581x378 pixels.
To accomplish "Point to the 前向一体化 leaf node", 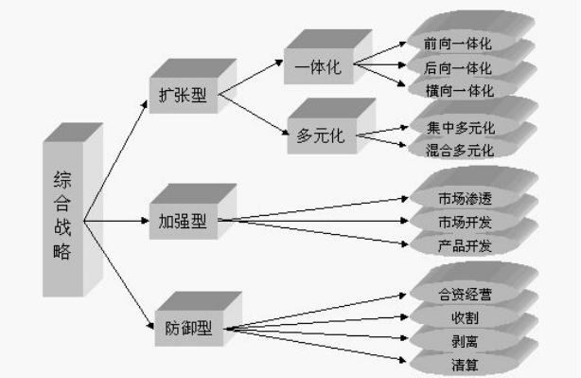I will [459, 44].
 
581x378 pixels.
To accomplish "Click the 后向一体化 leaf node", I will [459, 67].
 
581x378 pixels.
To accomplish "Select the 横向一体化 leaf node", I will [459, 92].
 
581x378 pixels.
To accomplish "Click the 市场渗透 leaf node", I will [465, 199].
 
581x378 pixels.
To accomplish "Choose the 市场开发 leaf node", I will [465, 223].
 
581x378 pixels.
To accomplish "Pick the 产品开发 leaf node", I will [465, 246].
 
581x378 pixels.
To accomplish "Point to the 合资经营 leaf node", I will [465, 294].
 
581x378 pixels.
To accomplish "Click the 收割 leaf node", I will [465, 316].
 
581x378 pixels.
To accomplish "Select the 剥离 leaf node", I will [465, 339].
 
